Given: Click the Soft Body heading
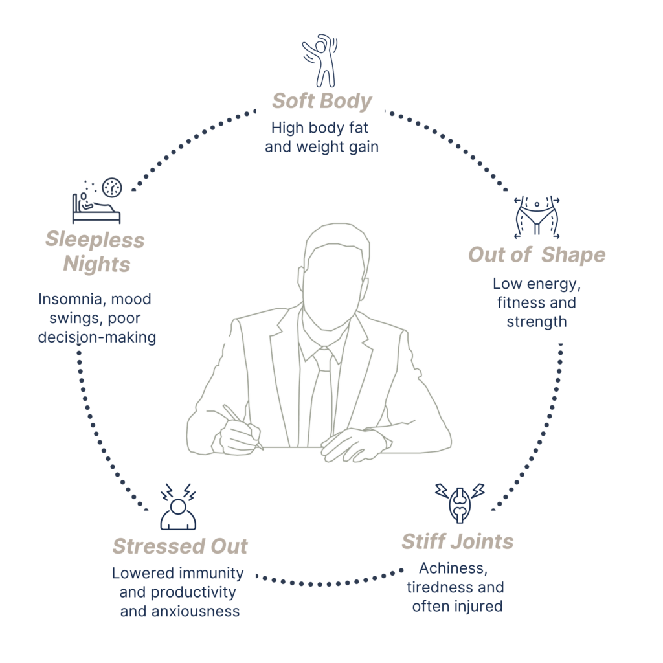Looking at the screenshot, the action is click(322, 102).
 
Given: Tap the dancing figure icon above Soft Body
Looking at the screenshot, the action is click(320, 60).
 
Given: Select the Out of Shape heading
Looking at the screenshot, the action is click(537, 255).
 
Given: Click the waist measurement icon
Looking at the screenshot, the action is click(537, 216).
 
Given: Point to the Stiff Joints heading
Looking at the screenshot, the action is click(458, 542).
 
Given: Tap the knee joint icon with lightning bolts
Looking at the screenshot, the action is click(460, 503).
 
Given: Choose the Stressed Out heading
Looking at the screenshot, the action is click(180, 546).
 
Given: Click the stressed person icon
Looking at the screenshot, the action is click(178, 507).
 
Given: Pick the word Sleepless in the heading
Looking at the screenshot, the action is click(95, 240).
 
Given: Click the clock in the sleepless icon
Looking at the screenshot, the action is click(112, 187).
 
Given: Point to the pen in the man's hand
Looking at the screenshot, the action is click(242, 426).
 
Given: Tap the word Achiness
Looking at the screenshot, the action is click(453, 568).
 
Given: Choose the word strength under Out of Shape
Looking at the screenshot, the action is click(537, 322).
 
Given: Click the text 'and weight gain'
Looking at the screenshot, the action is click(322, 147).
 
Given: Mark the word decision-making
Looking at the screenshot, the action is click(97, 338).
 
